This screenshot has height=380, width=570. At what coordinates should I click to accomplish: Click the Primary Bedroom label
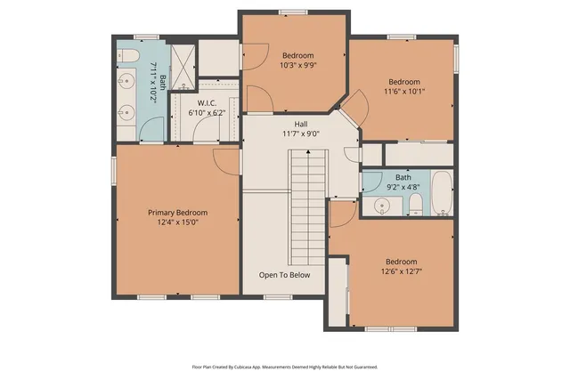pos(177,213)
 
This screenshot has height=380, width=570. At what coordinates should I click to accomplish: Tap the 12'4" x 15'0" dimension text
pos(177,223)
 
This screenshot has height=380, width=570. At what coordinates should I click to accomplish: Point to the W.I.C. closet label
pos(206,103)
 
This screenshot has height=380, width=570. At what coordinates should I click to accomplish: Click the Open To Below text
pos(285,275)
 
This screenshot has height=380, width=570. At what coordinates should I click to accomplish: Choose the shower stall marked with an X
pos(184,68)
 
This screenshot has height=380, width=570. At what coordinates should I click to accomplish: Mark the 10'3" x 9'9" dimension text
pos(299,65)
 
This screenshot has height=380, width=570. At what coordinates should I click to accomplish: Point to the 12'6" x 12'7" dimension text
pos(401,271)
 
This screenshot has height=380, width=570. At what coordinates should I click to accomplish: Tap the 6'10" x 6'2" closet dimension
pos(206,113)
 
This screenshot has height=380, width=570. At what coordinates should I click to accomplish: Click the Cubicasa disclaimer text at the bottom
pos(285,366)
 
